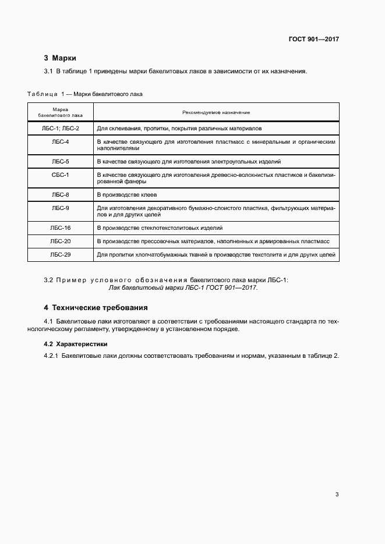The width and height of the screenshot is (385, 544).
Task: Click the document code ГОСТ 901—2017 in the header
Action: (x=313, y=40)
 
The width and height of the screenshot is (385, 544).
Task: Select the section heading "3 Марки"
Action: (x=60, y=58)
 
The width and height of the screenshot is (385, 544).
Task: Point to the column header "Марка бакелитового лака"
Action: (x=61, y=112)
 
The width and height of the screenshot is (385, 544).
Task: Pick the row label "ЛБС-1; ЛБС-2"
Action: (x=61, y=127)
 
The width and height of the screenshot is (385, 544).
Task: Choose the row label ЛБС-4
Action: (x=61, y=141)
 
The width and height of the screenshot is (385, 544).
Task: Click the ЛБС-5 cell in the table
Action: (x=61, y=161)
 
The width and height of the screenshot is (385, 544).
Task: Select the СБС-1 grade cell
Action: (x=61, y=175)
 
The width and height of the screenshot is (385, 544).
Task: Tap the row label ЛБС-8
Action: (x=61, y=194)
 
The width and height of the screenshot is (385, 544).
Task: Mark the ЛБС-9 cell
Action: (x=61, y=208)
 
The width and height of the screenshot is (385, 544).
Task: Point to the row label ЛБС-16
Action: (x=61, y=228)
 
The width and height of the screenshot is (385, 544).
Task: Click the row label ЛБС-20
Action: (x=61, y=241)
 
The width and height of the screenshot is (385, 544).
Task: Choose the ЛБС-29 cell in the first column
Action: (x=61, y=254)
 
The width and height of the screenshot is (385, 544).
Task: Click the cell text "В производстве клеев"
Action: (x=126, y=194)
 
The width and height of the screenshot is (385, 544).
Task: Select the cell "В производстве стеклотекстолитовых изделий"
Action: (x=160, y=228)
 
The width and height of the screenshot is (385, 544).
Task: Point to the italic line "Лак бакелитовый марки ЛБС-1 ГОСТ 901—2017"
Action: (x=183, y=287)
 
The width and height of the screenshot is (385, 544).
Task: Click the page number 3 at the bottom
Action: (x=337, y=495)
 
